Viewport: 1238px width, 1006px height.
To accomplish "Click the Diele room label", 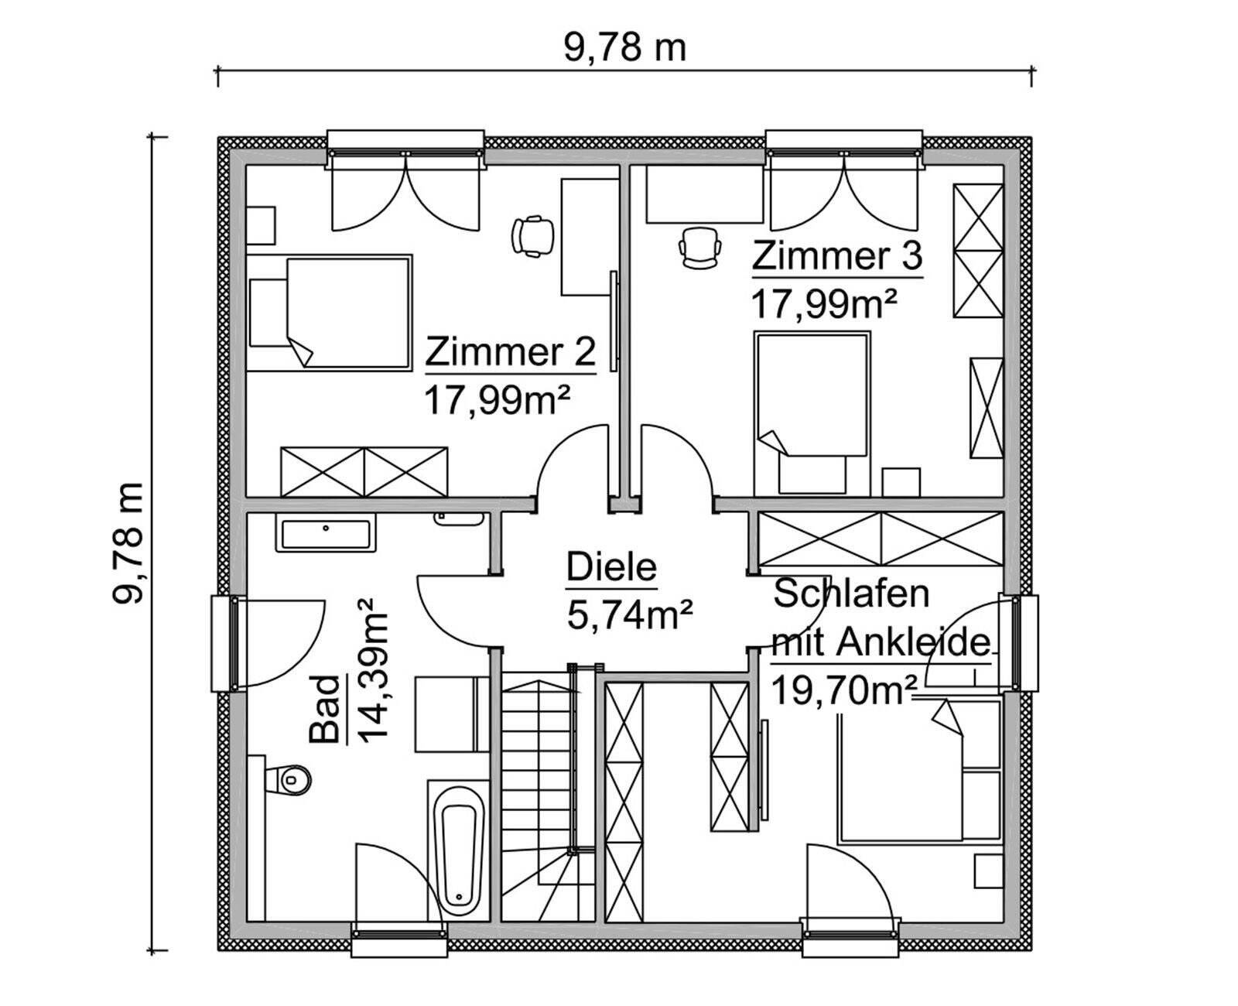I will click(x=611, y=567).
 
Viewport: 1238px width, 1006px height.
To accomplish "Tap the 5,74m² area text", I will click(x=629, y=616).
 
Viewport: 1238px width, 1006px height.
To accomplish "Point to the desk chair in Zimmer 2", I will click(x=533, y=234).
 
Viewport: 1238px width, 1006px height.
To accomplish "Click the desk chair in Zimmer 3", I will click(x=700, y=248).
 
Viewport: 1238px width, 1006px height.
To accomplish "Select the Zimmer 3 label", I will click(x=837, y=256).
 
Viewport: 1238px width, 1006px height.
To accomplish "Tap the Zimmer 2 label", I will click(x=511, y=352).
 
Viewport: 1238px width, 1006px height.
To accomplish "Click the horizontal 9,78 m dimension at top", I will click(x=624, y=48).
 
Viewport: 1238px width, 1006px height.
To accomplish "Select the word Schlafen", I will click(x=851, y=594).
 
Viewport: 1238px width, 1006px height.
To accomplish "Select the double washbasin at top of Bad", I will click(x=325, y=535).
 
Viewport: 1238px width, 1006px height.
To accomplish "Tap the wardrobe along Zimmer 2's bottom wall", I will click(x=364, y=471).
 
